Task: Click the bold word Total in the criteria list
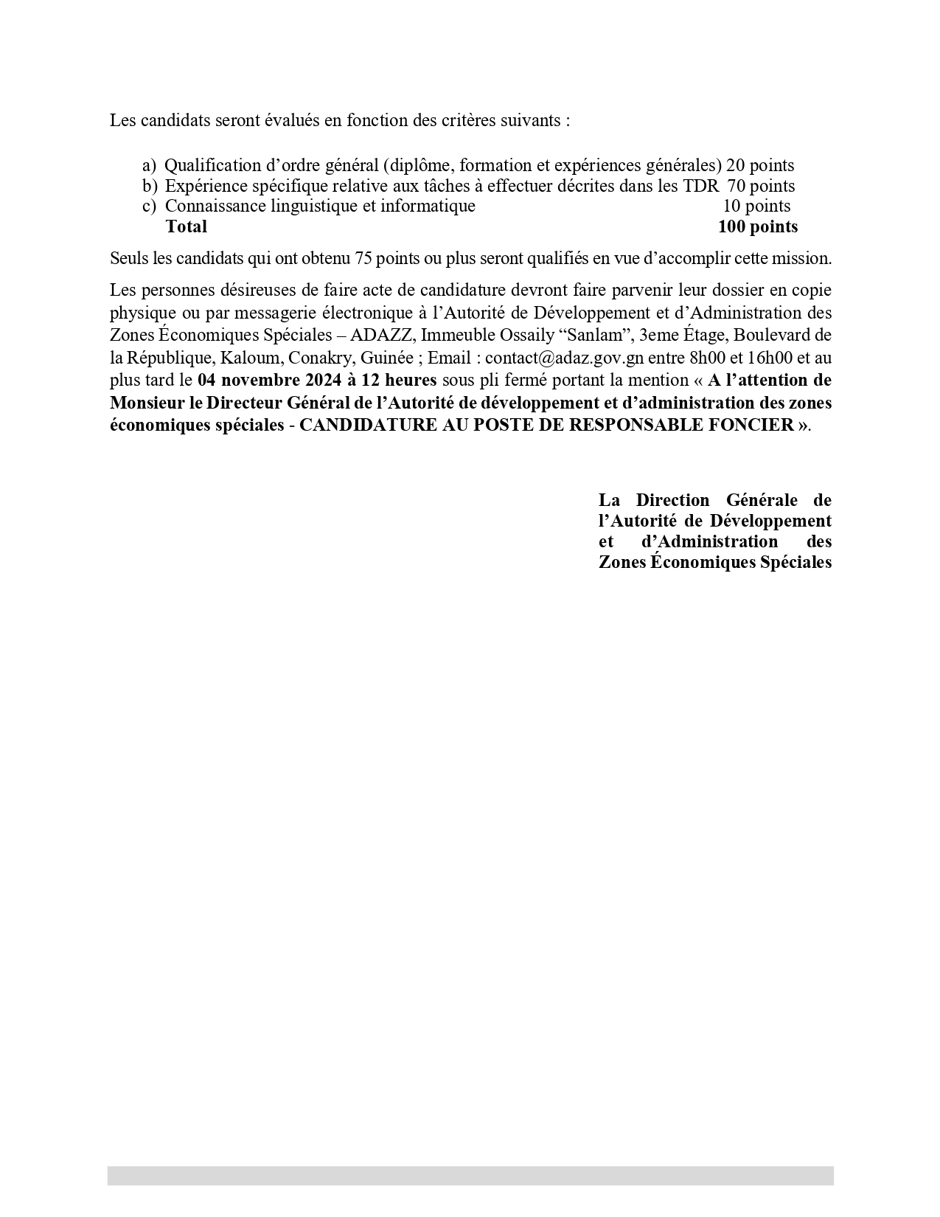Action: click(x=187, y=226)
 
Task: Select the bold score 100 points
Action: click(x=757, y=226)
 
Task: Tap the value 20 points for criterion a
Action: click(x=760, y=165)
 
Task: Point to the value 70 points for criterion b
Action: click(x=761, y=186)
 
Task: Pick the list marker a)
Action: click(x=150, y=165)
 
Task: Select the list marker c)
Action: click(x=150, y=207)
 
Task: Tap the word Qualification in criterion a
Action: click(x=213, y=165)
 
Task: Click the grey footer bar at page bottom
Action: click(x=470, y=1175)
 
